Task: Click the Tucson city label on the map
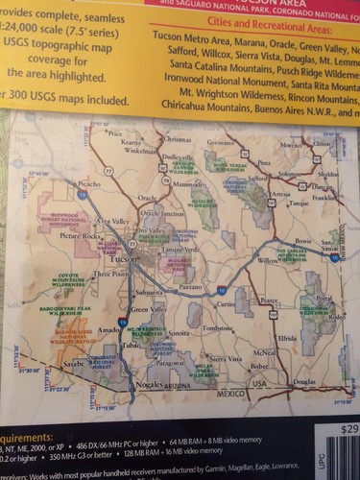click(121, 260)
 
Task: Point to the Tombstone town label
click(219, 327)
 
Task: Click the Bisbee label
click(259, 366)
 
